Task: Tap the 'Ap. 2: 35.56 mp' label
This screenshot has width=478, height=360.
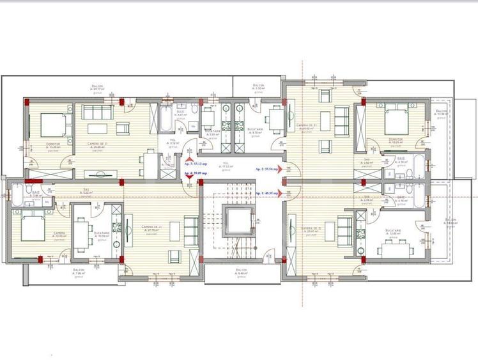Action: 266,169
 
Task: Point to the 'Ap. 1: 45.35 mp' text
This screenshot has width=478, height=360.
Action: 266,192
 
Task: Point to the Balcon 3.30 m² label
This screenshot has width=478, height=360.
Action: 258,87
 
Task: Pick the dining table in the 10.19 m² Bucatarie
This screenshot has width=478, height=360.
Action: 82,228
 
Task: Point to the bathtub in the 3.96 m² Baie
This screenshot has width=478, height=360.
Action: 17,194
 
